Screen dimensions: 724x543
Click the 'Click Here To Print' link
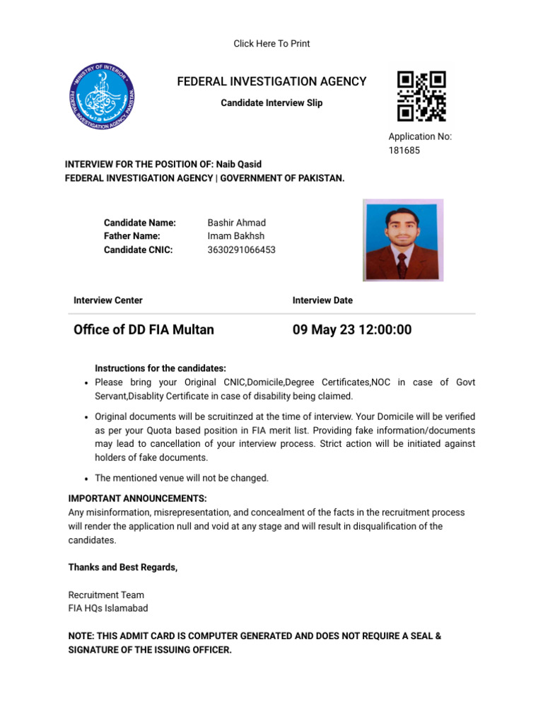[x=271, y=44]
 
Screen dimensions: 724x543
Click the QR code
[x=421, y=95]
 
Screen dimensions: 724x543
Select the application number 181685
[x=404, y=151]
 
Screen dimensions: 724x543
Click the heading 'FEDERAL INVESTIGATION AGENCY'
[x=271, y=82]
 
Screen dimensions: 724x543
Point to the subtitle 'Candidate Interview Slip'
[x=271, y=103]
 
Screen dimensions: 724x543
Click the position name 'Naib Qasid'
[x=239, y=164]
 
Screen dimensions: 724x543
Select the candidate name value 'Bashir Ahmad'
[x=237, y=223]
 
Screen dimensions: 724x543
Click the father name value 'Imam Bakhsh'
[x=236, y=236]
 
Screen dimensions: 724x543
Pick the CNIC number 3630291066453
[x=242, y=250]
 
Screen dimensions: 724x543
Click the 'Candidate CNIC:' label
[x=138, y=250]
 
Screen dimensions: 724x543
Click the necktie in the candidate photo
[x=402, y=265]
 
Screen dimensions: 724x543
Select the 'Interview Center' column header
[x=108, y=300]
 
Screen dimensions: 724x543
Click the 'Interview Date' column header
[x=322, y=300]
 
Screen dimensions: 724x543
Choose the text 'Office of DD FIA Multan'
[x=144, y=329]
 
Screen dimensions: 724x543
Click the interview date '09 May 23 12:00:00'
[x=352, y=329]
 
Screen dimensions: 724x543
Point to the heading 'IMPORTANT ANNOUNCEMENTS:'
[x=137, y=498]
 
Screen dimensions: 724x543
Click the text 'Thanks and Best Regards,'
[x=123, y=567]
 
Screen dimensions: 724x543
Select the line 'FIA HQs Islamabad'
[x=108, y=608]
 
